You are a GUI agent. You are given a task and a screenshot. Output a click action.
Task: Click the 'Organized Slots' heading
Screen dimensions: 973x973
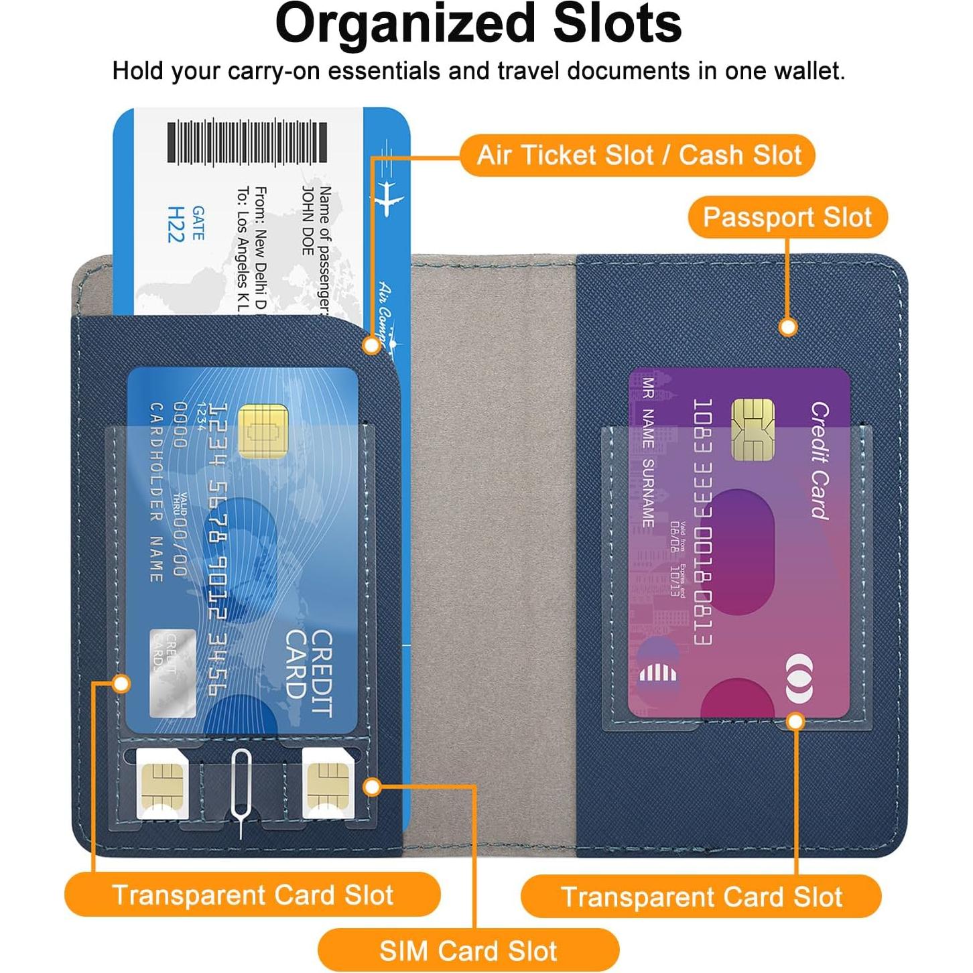(x=478, y=24)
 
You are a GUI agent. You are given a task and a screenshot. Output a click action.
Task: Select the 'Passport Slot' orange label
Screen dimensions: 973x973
(x=787, y=217)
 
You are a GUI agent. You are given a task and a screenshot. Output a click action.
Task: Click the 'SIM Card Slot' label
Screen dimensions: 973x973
(x=468, y=950)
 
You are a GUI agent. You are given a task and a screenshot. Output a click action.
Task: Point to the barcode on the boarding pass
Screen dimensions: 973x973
(x=247, y=142)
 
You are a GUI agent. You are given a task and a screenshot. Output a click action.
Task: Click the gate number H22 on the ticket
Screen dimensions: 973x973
(x=176, y=224)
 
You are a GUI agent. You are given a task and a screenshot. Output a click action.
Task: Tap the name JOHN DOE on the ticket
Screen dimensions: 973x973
(x=308, y=221)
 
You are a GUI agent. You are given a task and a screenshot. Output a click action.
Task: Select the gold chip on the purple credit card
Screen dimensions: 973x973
(x=753, y=430)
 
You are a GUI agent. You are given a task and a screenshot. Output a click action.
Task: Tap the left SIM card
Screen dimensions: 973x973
(x=161, y=783)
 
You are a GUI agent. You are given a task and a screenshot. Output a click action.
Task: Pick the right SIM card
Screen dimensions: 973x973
(x=328, y=783)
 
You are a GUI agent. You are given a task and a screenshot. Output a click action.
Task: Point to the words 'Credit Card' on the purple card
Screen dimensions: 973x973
(x=819, y=461)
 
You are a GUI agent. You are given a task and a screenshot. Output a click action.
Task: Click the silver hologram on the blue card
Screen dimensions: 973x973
(x=172, y=672)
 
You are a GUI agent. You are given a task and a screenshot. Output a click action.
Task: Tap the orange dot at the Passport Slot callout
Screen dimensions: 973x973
(x=788, y=326)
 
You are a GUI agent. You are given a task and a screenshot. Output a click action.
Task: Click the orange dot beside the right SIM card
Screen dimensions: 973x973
(x=372, y=787)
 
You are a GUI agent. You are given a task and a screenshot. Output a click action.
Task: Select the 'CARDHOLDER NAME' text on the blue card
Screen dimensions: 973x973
(x=156, y=493)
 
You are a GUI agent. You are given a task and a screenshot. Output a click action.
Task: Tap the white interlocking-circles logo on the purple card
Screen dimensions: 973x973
(x=799, y=678)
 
